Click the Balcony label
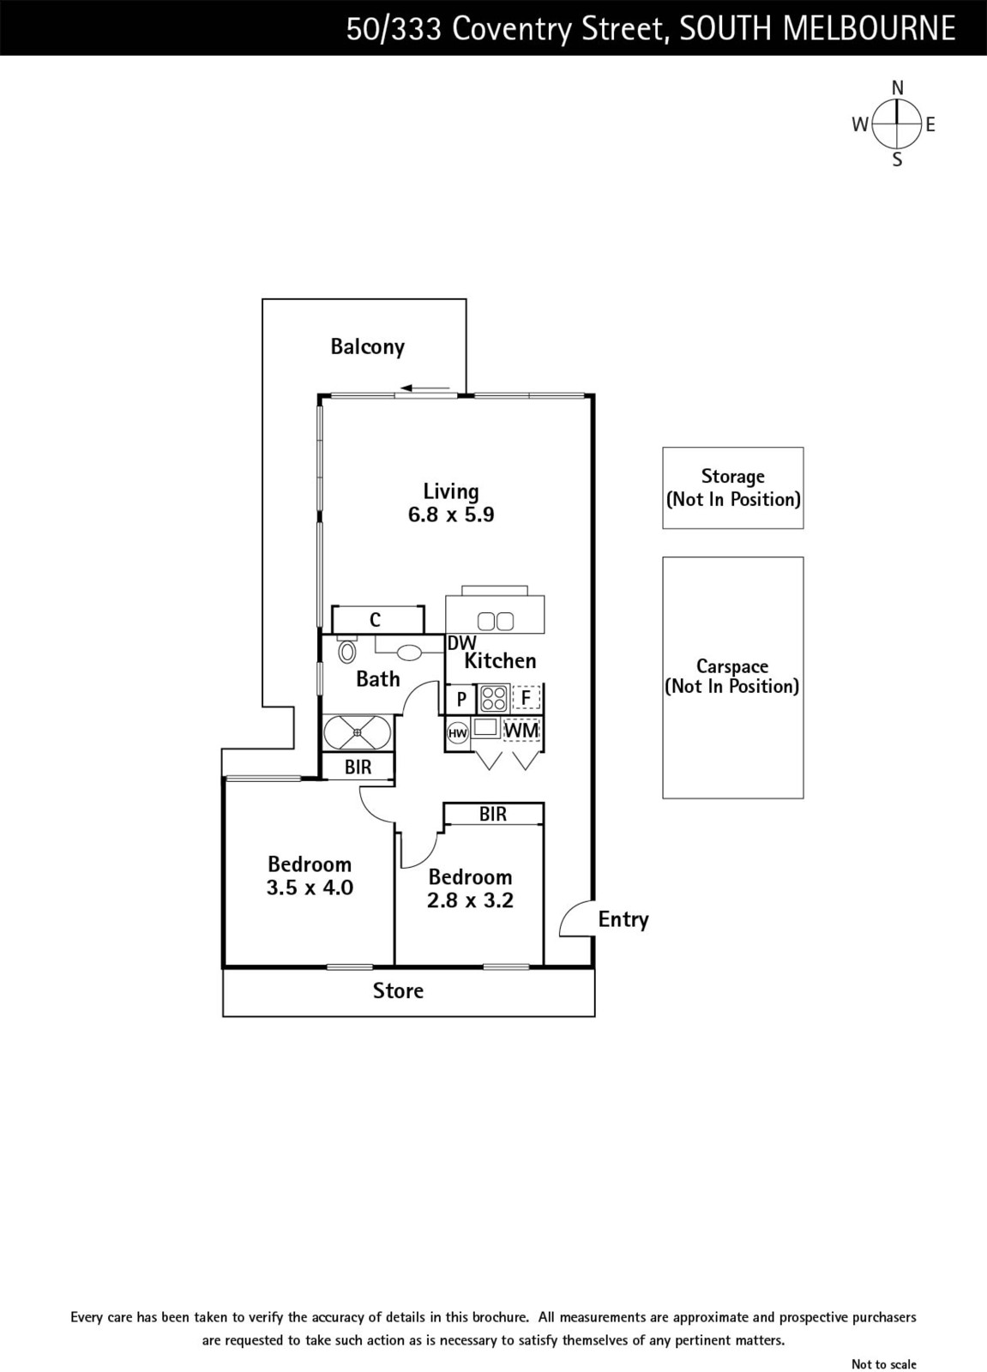[367, 346]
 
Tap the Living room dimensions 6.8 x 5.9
[451, 514]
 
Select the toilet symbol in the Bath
[347, 652]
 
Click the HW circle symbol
[458, 733]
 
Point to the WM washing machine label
[521, 731]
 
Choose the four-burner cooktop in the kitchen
[493, 698]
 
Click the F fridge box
[526, 698]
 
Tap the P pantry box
[461, 699]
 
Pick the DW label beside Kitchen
[461, 643]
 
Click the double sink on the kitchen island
[495, 621]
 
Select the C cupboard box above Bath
[376, 619]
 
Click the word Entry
[623, 919]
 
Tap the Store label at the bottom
[398, 991]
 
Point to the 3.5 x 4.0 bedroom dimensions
[310, 888]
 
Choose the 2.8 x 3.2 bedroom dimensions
[470, 900]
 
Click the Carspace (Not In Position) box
[732, 677]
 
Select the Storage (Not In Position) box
[732, 488]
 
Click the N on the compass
[898, 87]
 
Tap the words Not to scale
[883, 1364]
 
